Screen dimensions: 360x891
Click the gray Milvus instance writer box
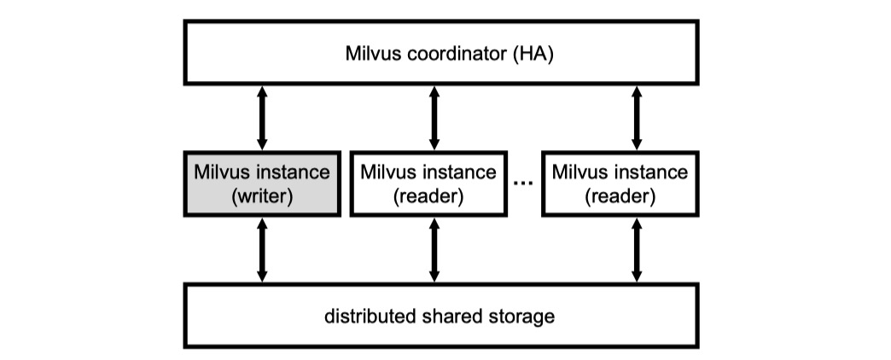[262, 183]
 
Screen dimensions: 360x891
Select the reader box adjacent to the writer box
[434, 183]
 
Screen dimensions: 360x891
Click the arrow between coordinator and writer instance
[262, 117]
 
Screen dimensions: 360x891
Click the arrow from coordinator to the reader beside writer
[434, 117]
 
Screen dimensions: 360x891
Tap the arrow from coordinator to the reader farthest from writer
[635, 117]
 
